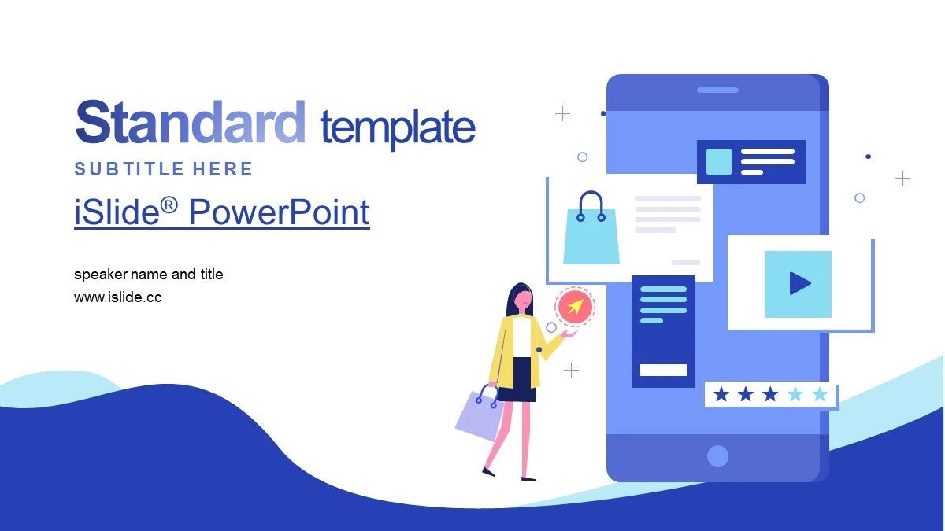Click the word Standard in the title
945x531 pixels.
tap(191, 122)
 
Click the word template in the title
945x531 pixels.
tap(398, 127)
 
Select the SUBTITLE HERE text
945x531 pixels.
tap(163, 169)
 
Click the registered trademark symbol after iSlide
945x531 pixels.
tap(169, 206)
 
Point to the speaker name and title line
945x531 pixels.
tap(149, 275)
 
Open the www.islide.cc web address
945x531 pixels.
tap(117, 297)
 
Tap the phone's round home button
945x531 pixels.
tap(717, 456)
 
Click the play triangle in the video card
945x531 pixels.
tap(800, 283)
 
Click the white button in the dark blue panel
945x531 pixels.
tap(663, 370)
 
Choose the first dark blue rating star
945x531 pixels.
tap(721, 394)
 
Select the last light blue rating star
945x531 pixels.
tap(820, 394)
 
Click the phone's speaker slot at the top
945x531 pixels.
tap(717, 90)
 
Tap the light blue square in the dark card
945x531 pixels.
tap(718, 161)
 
